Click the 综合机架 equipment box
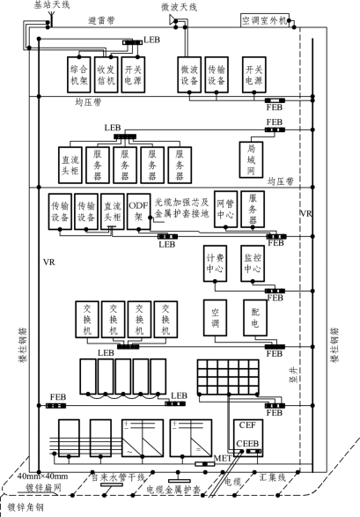pos(78,75)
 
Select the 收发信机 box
pos(106,75)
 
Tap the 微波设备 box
pos(189,75)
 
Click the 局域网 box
pos(251,159)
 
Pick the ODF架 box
pos(139,211)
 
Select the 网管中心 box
pos(225,209)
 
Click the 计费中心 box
pos(215,263)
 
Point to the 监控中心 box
pos(253,263)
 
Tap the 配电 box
pos(255,318)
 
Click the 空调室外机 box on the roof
pos(265,20)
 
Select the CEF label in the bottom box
pos(247,425)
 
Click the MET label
pos(223,458)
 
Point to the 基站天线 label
pos(52,4)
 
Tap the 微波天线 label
pos(179,7)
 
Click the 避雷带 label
pos(101,20)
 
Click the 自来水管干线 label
pos(118,477)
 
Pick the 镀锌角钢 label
pos(26,507)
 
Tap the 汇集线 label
pos(272,477)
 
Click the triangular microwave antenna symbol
pos(173,19)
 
